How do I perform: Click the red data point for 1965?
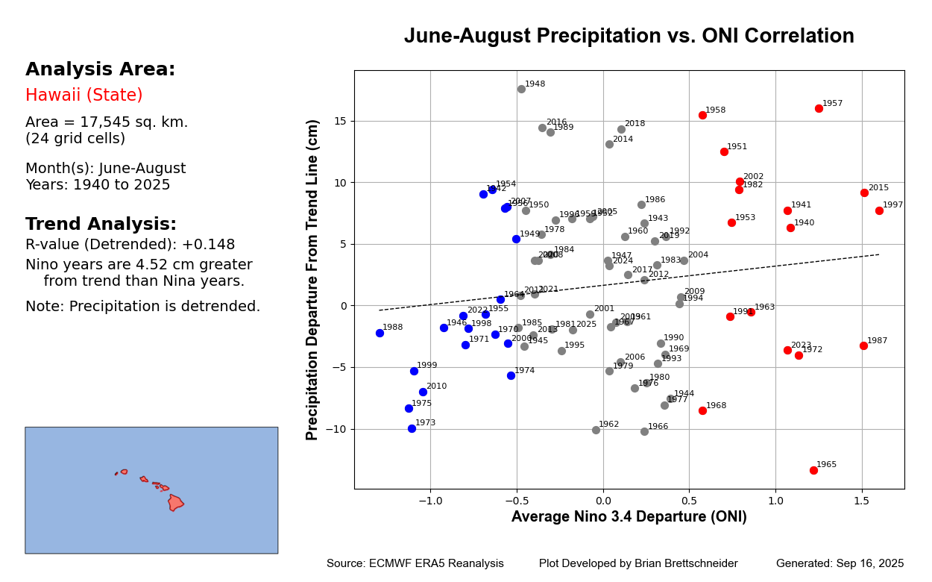pyautogui.click(x=813, y=470)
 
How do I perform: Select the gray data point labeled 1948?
pyautogui.click(x=521, y=89)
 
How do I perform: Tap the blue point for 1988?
pyautogui.click(x=380, y=333)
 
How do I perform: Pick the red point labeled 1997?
pyautogui.click(x=879, y=210)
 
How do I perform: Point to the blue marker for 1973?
pyautogui.click(x=412, y=428)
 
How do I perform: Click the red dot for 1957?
pyautogui.click(x=819, y=108)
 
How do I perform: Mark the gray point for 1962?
pyautogui.click(x=596, y=430)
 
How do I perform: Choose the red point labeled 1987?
pyautogui.click(x=863, y=345)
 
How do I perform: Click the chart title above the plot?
pyautogui.click(x=629, y=37)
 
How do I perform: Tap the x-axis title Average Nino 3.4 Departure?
pyautogui.click(x=629, y=517)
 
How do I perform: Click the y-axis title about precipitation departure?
pyautogui.click(x=313, y=280)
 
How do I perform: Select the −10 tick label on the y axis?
pyautogui.click(x=336, y=429)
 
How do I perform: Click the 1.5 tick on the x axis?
pyautogui.click(x=862, y=500)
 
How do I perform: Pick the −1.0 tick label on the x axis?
pyautogui.click(x=429, y=500)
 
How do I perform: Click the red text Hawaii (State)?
pyautogui.click(x=84, y=96)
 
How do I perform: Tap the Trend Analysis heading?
pyautogui.click(x=101, y=225)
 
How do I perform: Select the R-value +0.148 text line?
pyautogui.click(x=130, y=245)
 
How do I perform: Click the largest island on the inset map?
pyautogui.click(x=175, y=502)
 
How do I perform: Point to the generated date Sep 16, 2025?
pyautogui.click(x=840, y=564)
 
